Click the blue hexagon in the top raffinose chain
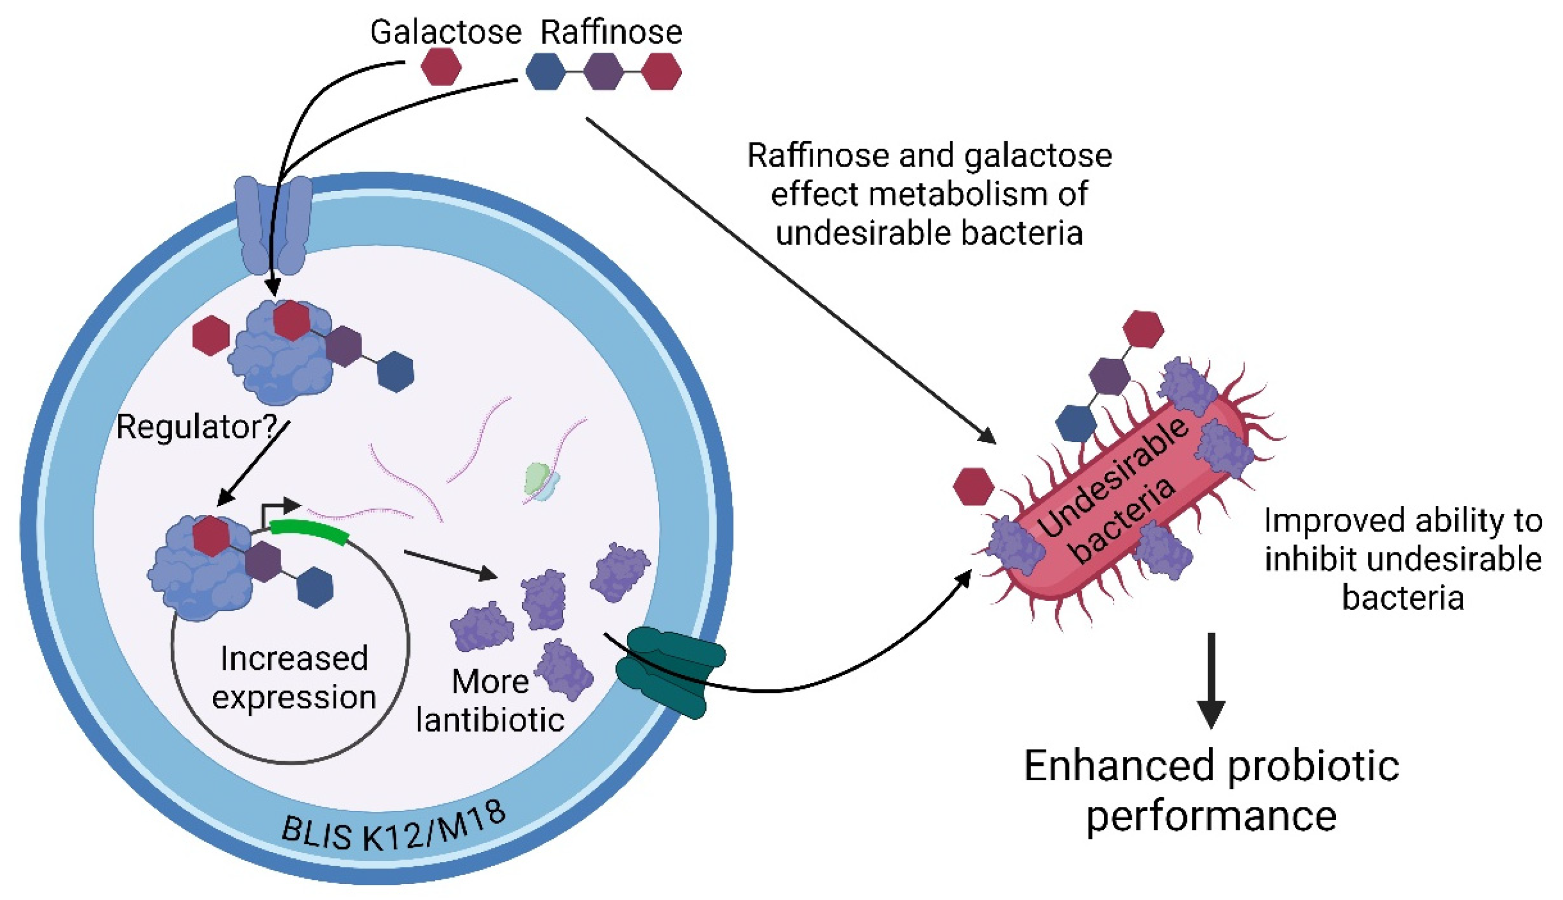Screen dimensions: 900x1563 click(545, 71)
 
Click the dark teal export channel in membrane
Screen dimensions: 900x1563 click(670, 670)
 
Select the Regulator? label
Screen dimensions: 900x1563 click(196, 427)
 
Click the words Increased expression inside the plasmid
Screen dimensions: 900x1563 click(294, 678)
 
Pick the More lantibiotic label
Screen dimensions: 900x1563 click(489, 702)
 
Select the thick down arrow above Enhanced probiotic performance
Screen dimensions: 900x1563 click(1211, 680)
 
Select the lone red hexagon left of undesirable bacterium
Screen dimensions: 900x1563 click(973, 486)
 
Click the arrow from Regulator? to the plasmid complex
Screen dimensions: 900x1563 click(253, 463)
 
